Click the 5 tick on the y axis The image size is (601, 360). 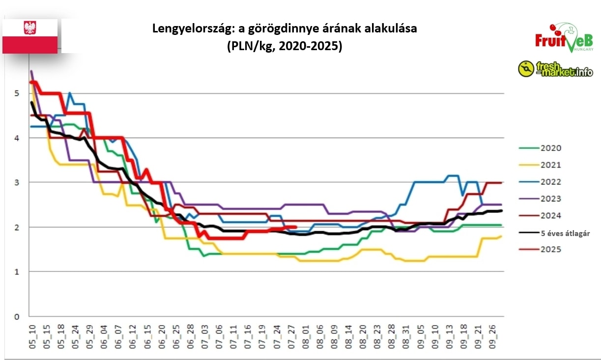tap(17, 93)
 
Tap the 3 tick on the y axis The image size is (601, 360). tap(17, 182)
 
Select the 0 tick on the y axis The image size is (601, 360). tap(17, 316)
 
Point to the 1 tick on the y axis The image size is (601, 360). tap(17, 271)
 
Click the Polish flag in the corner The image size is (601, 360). tap(30, 36)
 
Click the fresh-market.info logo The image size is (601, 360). tap(555, 69)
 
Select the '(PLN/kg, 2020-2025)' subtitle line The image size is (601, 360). tap(284, 46)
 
